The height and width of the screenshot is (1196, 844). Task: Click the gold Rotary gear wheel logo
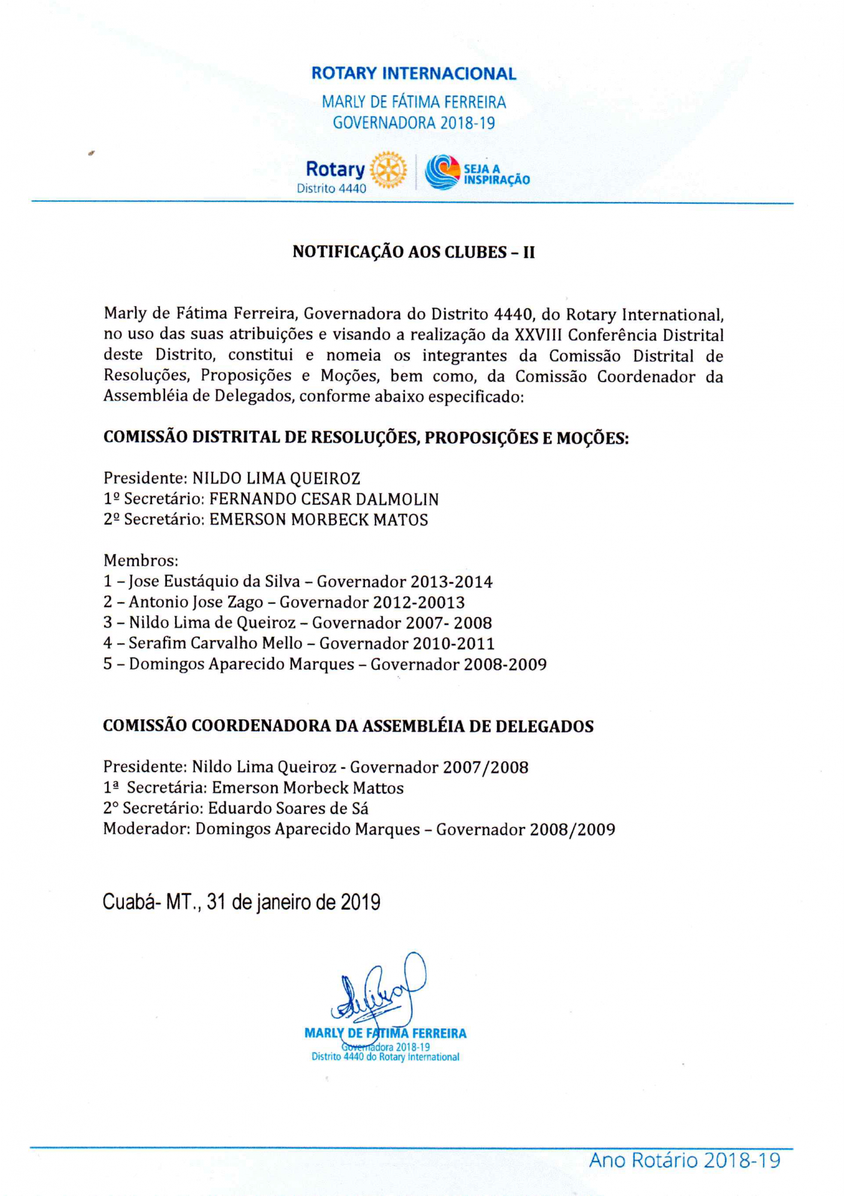[x=388, y=170]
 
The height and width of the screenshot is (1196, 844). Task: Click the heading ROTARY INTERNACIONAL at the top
[x=413, y=74]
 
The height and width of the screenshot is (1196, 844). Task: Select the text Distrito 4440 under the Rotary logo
[x=331, y=188]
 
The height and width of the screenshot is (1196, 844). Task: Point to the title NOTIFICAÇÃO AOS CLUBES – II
[x=413, y=252]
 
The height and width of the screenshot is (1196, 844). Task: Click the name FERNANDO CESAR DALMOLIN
[x=324, y=499]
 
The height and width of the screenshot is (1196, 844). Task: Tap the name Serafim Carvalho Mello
[x=216, y=643]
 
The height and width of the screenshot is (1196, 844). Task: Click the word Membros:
[x=141, y=561]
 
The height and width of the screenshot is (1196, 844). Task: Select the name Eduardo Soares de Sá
[x=288, y=808]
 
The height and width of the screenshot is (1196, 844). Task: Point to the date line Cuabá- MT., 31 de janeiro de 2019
[x=241, y=902]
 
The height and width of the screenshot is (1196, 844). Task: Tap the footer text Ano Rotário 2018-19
[x=684, y=1161]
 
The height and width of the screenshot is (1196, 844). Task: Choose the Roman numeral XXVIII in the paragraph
[x=538, y=335]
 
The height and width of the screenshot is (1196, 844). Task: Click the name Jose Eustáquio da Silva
[x=214, y=582]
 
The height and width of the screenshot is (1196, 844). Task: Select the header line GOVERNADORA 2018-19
[x=414, y=123]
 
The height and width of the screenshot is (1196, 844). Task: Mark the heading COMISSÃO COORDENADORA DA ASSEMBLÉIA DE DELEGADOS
[x=348, y=727]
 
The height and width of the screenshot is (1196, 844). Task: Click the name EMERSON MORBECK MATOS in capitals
[x=318, y=520]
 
